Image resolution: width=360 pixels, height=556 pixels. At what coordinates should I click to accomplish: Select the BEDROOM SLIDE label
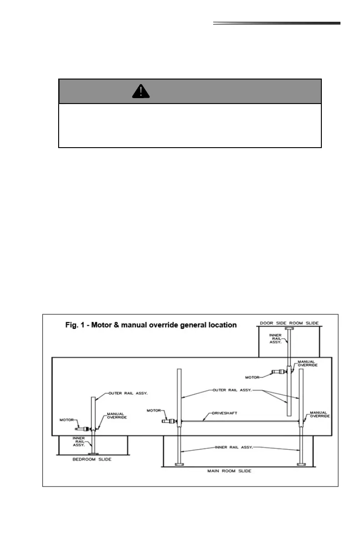click(93, 459)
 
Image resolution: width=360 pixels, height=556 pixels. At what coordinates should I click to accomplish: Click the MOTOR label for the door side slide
click(252, 377)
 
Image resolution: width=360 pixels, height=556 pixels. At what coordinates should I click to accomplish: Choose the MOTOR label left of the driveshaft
click(154, 410)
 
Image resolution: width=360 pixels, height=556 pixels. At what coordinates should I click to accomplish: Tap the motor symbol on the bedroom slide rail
click(83, 428)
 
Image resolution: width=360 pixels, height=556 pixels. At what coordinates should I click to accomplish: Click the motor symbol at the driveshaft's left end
click(169, 421)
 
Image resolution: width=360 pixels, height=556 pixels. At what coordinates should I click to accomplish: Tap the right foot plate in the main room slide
click(300, 464)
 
